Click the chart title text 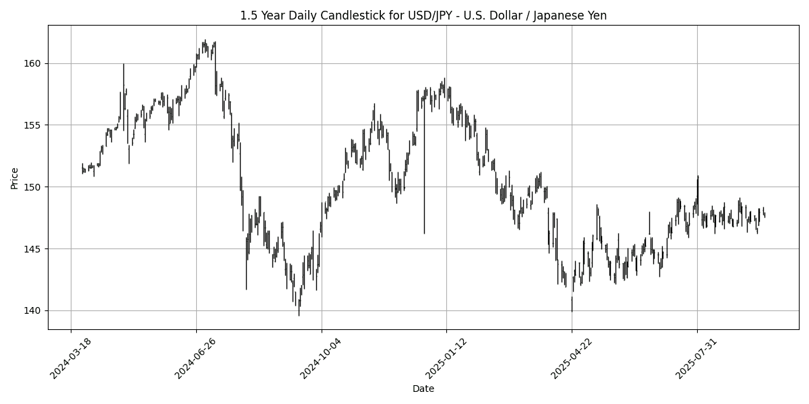[x=423, y=15]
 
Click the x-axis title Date [x=423, y=389]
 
